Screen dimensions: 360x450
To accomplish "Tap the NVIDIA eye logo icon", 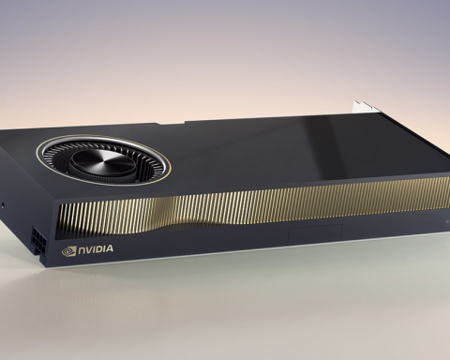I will coord(67,250).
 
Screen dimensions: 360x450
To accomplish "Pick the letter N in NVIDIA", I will coord(80,250).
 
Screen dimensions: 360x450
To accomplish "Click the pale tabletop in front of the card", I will coord(225,319).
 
